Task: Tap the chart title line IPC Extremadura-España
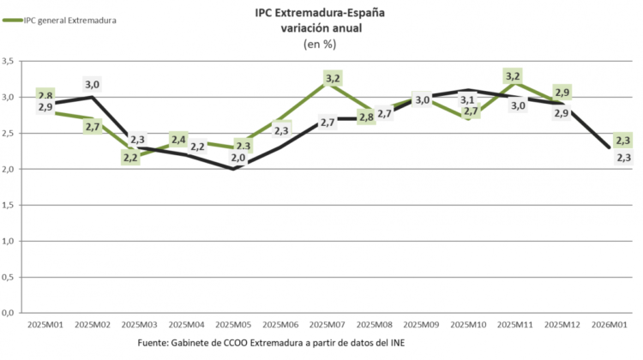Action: point(321,14)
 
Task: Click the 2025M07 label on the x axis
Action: point(327,326)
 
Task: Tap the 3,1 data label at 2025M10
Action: point(468,100)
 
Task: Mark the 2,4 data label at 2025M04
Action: point(178,139)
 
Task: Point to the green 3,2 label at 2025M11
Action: point(513,76)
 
